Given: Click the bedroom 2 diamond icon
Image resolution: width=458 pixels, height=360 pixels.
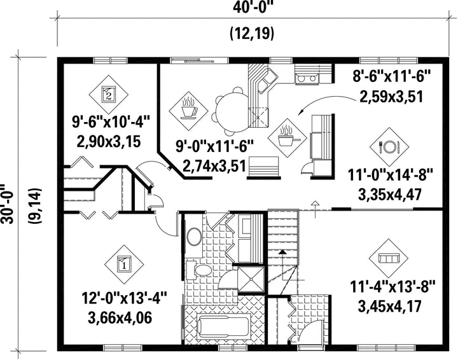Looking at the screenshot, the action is (108, 95).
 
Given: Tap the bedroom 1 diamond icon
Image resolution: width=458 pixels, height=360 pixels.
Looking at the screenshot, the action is (124, 265).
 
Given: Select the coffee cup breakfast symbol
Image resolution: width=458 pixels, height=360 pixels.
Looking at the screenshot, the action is (188, 111).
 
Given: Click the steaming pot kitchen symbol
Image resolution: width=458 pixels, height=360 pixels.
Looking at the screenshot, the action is (288, 138).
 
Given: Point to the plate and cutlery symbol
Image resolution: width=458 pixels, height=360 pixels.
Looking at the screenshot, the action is (389, 147).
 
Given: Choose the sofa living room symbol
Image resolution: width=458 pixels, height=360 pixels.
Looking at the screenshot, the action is (389, 258).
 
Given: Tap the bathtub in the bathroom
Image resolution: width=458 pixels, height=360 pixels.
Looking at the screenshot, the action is (223, 326).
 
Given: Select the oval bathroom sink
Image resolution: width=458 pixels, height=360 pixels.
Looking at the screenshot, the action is (194, 237).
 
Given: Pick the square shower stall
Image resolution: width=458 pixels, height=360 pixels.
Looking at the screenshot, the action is (251, 279).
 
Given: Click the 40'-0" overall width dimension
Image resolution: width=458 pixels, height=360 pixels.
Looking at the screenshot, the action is (253, 7).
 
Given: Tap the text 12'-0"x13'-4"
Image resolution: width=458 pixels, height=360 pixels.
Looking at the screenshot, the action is (124, 300).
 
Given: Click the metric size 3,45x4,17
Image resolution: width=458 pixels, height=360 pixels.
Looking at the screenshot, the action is (389, 307).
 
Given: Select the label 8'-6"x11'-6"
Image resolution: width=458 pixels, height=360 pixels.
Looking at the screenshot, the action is (392, 78).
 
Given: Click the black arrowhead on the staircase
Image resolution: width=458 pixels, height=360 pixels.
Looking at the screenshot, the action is (282, 252).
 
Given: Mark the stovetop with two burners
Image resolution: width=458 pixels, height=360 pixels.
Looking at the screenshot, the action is (307, 78).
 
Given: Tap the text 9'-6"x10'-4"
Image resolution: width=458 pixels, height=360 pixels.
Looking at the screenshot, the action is (111, 122).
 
